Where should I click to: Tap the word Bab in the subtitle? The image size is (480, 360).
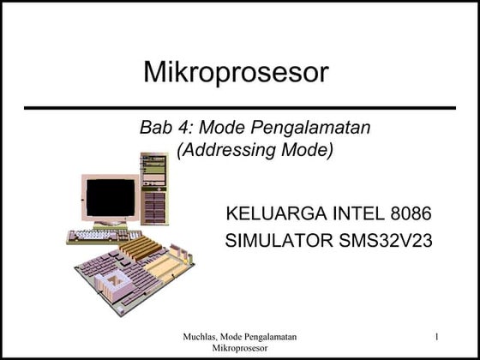pos(155,129)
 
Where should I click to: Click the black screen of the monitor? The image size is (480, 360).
pos(111,197)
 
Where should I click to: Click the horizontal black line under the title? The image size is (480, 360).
pos(239,109)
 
